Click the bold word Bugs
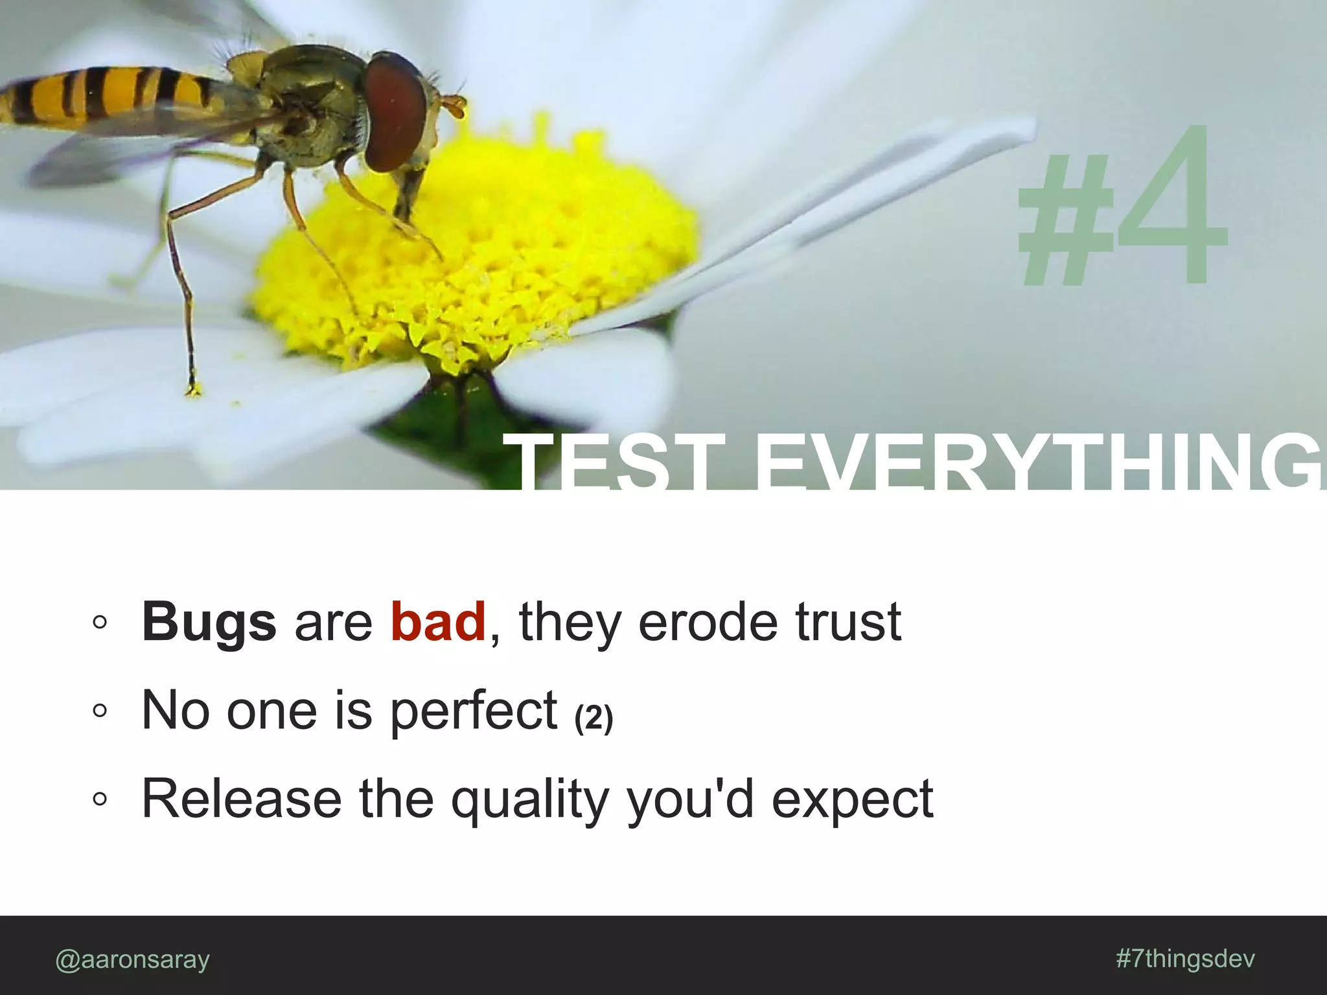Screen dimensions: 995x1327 [209, 623]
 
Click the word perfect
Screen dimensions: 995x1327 [474, 711]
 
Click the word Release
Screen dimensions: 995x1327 [241, 799]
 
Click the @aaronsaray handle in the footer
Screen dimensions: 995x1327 [133, 959]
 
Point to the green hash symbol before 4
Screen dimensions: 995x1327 [1066, 227]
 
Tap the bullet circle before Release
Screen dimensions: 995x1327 [99, 799]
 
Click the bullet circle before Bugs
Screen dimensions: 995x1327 [99, 623]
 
